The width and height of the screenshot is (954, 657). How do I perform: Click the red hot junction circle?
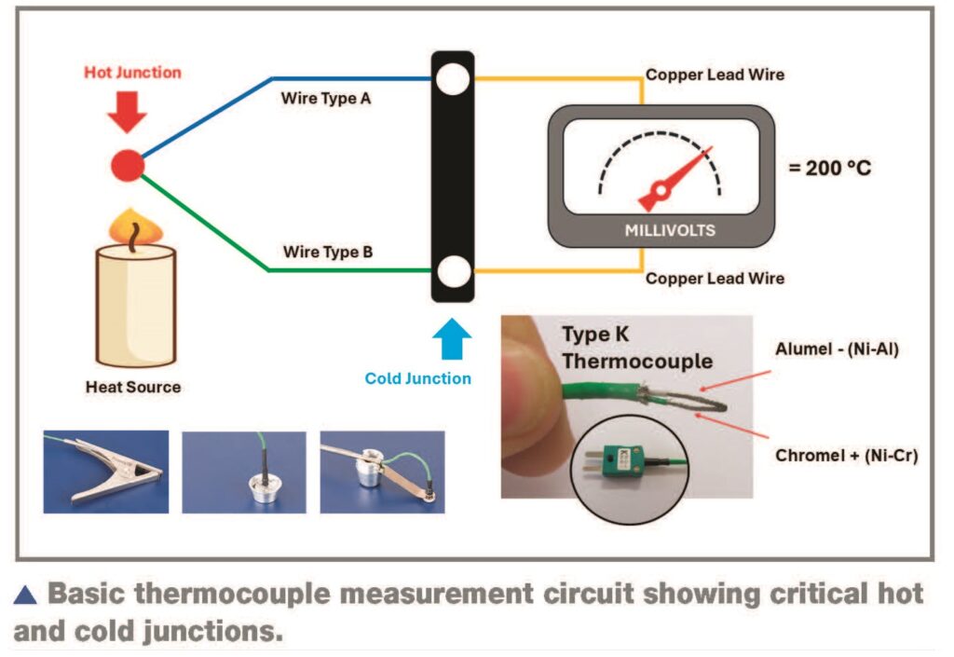point(128,166)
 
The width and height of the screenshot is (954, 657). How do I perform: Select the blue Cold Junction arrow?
point(452,340)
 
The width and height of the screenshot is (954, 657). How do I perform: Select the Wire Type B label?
point(326,252)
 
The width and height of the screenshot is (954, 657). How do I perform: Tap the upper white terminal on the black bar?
point(453,78)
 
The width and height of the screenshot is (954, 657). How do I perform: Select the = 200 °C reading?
point(831,170)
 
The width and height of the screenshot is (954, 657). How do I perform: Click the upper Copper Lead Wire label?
point(715,74)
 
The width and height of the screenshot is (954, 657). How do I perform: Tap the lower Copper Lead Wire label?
point(715,278)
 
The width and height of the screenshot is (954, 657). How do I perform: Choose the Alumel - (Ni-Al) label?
point(837,351)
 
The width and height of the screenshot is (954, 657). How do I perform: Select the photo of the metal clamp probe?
point(105,471)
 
